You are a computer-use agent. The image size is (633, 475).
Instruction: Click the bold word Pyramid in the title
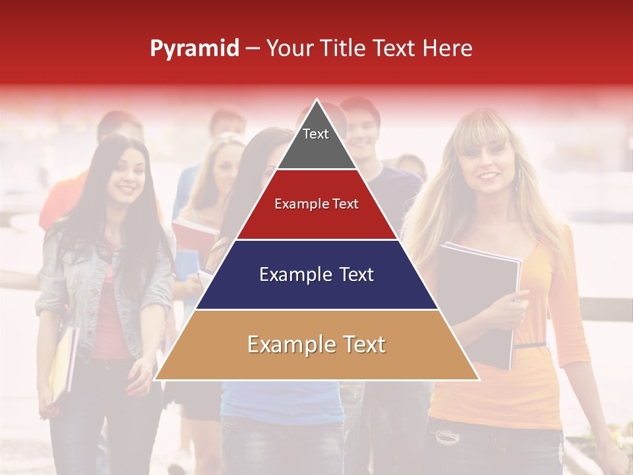pyautogui.click(x=194, y=49)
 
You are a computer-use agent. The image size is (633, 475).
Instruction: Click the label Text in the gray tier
pyautogui.click(x=315, y=134)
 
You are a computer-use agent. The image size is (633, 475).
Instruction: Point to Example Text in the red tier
pyautogui.click(x=316, y=204)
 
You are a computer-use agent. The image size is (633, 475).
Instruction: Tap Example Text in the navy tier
pyautogui.click(x=316, y=274)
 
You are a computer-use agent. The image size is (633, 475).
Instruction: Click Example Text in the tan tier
pyautogui.click(x=316, y=344)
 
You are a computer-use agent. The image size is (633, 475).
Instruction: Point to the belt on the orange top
pyautogui.click(x=531, y=344)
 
